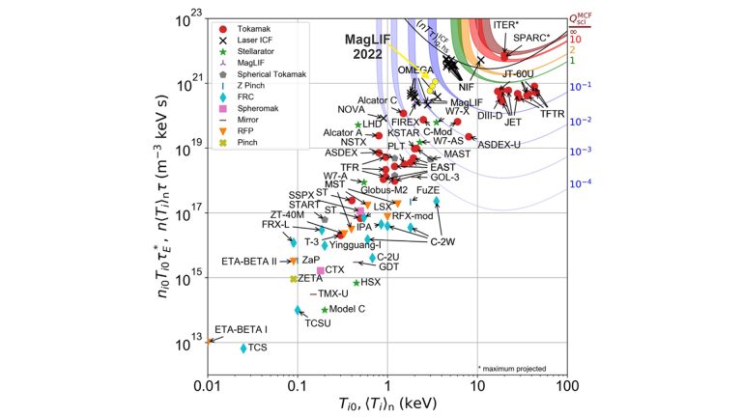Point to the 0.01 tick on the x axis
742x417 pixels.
tap(208, 386)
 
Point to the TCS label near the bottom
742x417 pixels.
tap(257, 347)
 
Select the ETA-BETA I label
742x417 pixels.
tap(241, 330)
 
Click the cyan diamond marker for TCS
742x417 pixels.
tap(243, 347)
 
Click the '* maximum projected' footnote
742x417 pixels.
tap(511, 368)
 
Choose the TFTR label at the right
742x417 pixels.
tap(552, 113)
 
